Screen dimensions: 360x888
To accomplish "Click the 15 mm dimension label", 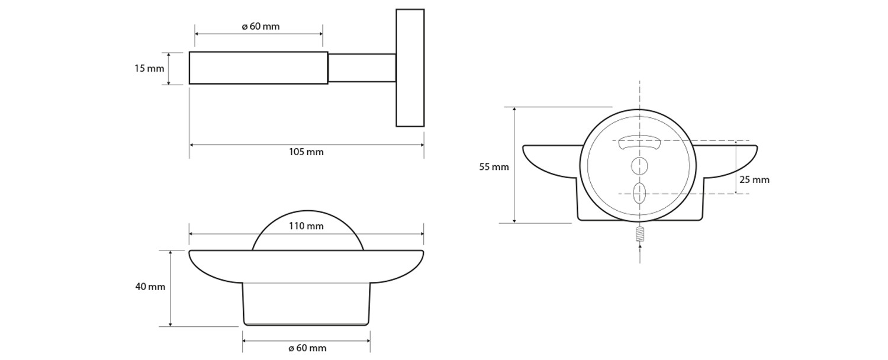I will tap(149, 69).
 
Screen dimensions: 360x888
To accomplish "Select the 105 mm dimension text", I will tap(306, 152).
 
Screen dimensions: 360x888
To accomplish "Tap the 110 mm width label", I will tap(306, 226).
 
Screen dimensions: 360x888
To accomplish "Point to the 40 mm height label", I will tap(150, 287).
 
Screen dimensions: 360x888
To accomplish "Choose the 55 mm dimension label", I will tap(494, 167).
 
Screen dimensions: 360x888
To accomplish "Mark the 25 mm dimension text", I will tap(754, 180).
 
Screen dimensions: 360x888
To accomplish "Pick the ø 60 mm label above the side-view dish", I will tap(260, 27).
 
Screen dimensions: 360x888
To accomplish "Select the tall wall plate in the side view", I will tap(410, 67).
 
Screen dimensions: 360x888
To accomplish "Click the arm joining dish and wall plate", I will tap(362, 67).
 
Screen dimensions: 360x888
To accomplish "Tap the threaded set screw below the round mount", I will tap(639, 234).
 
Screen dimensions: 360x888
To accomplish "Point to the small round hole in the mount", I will tap(639, 166).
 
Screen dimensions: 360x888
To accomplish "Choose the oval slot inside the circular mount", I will tap(639, 194).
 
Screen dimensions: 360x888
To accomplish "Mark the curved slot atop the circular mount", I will tap(639, 143).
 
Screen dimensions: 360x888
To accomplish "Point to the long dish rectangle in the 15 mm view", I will tap(258, 67).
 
